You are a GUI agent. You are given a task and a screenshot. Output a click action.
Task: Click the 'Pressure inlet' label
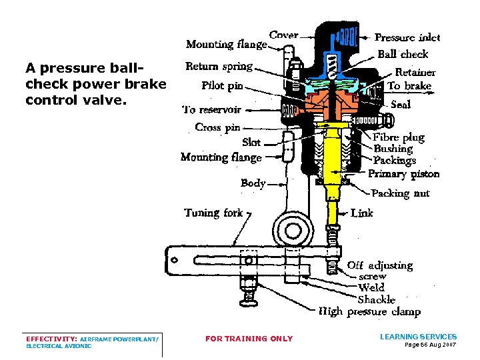[x=407, y=38]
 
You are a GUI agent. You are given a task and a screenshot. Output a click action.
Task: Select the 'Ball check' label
[x=403, y=54]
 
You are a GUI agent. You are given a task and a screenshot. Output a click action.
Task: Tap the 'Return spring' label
[x=219, y=66]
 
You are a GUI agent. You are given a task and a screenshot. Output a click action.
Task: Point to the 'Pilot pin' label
[x=222, y=85]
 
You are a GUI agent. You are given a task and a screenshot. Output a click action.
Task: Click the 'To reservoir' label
[x=212, y=110]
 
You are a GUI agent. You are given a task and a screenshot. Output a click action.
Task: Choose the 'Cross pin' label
[x=217, y=127]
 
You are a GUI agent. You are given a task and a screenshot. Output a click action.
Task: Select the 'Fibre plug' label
[x=399, y=137]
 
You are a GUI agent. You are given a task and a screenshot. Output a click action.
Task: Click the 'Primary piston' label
[x=404, y=174]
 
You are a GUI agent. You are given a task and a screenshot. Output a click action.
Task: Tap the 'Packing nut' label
[x=400, y=193]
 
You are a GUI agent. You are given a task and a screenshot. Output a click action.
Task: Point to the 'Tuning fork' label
[x=213, y=213]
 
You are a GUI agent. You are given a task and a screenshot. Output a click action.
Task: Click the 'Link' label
[x=362, y=213]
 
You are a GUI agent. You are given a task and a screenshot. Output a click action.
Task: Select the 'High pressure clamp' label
[x=369, y=311]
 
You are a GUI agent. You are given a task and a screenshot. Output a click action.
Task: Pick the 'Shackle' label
[x=377, y=299]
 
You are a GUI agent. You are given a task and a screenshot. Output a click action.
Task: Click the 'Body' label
[x=253, y=183]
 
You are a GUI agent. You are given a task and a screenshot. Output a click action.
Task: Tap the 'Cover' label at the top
[x=283, y=35]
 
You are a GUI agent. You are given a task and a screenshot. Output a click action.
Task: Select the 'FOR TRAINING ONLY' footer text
[x=249, y=339]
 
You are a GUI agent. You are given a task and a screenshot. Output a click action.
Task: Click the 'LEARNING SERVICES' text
[x=418, y=337]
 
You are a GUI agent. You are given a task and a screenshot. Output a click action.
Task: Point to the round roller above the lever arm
[x=293, y=229]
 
